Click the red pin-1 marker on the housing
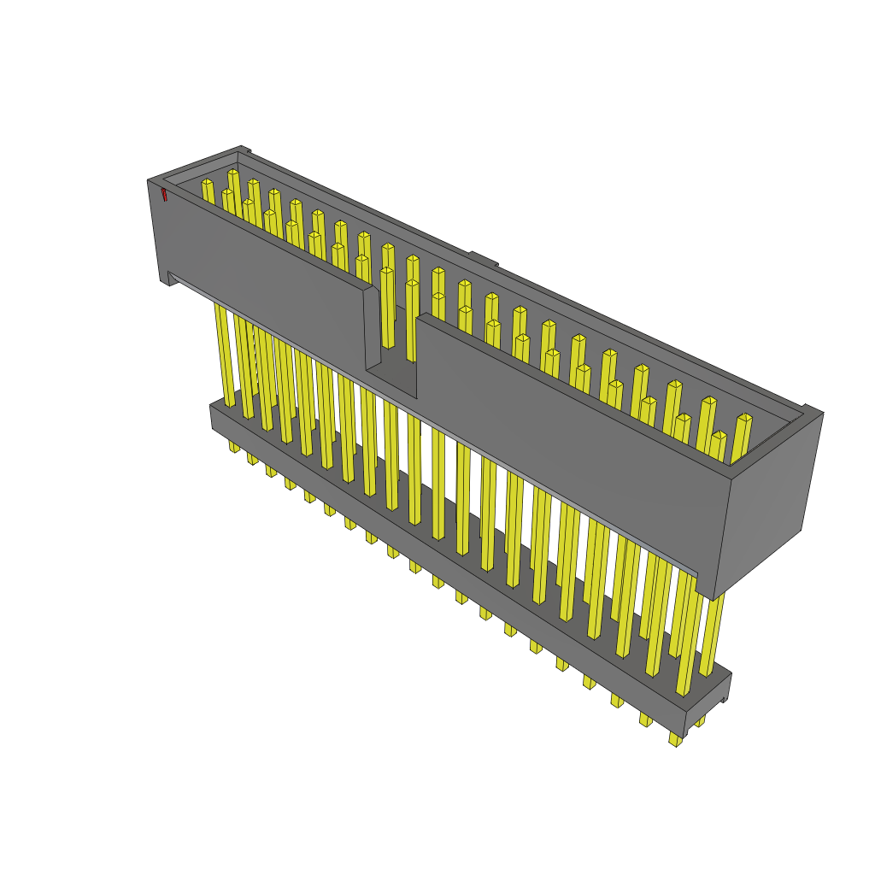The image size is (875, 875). [164, 195]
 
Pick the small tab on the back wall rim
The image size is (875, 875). [483, 258]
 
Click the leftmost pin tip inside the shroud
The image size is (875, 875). [207, 182]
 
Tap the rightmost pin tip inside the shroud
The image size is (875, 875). [744, 418]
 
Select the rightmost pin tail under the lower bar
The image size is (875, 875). [675, 738]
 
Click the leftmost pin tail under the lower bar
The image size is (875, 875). [234, 446]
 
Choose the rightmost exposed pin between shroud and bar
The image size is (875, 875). [713, 632]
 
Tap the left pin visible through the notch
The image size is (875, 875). [387, 308]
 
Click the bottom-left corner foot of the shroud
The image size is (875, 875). [167, 279]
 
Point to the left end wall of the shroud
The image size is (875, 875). [156, 231]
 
